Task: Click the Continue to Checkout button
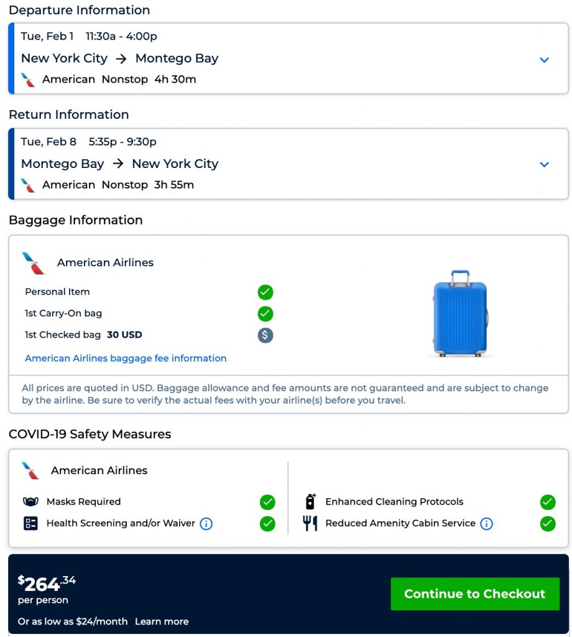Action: [474, 593]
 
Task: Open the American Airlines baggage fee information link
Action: [126, 358]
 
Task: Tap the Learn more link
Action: [162, 621]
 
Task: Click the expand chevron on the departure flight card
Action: [544, 60]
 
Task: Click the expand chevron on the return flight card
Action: [544, 165]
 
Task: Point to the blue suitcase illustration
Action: [460, 314]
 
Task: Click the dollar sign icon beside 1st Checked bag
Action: [265, 335]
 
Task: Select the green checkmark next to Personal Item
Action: [265, 292]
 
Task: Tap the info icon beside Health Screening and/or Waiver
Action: [206, 524]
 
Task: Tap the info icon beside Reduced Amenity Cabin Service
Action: [487, 524]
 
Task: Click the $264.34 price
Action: [47, 583]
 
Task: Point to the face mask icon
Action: [30, 502]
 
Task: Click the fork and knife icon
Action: [310, 523]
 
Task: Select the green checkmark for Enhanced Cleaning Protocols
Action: [548, 502]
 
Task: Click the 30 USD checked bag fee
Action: [124, 335]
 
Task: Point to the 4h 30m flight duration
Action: [175, 80]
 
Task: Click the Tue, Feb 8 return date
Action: [48, 142]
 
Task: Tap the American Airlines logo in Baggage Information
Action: [34, 263]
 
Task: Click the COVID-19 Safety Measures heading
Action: [90, 434]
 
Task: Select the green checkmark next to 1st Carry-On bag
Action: [265, 314]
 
